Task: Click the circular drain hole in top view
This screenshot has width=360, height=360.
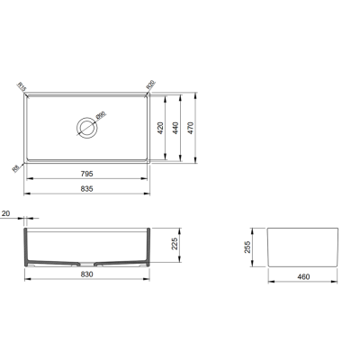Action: tap(86, 126)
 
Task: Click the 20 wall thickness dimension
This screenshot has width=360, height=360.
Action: tap(7, 214)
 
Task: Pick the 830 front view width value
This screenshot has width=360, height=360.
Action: tap(86, 275)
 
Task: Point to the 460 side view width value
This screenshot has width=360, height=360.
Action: tap(303, 275)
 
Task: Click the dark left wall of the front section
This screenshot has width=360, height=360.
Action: tap(28, 247)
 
